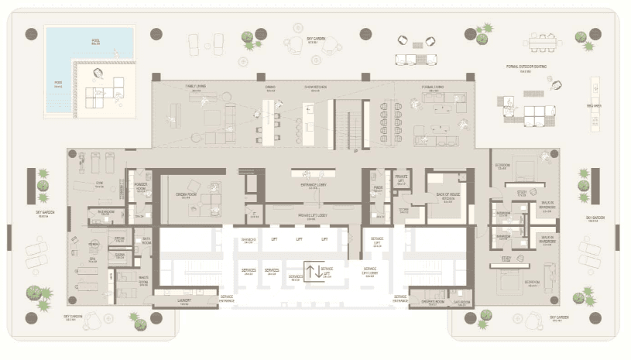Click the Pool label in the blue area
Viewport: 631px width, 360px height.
(x=95, y=42)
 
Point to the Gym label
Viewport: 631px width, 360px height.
(x=99, y=185)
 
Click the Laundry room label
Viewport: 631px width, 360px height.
(x=183, y=303)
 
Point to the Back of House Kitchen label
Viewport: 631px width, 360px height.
(x=448, y=197)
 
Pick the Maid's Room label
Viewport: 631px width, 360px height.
(x=143, y=279)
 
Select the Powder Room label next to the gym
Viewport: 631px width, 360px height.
(x=141, y=187)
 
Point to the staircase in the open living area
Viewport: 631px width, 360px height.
(x=346, y=123)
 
